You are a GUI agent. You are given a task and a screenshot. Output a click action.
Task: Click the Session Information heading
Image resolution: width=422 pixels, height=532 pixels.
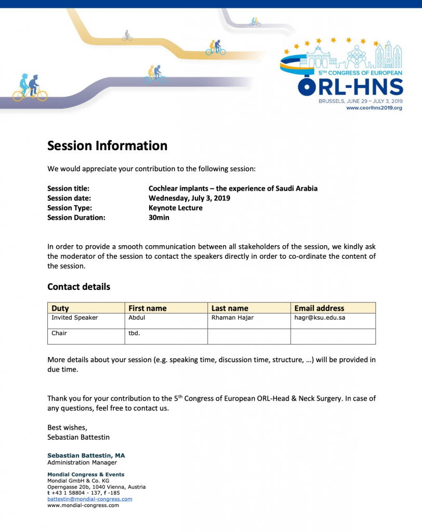point(107,146)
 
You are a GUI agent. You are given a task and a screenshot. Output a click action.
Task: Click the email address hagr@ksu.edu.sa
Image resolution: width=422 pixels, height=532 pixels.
point(320,318)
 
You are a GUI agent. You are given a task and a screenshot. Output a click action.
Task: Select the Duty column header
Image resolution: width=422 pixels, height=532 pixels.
point(60,308)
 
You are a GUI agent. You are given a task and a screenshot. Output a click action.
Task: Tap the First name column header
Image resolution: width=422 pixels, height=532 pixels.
point(148,308)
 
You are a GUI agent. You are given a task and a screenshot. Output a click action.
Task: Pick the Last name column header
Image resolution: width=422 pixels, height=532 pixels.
point(230,308)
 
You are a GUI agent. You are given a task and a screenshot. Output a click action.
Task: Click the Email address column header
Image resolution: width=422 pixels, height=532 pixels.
point(319,308)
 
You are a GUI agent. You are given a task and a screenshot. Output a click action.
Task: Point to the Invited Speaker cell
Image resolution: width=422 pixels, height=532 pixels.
point(75,318)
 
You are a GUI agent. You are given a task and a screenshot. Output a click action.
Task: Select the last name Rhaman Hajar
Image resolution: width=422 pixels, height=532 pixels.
point(232,318)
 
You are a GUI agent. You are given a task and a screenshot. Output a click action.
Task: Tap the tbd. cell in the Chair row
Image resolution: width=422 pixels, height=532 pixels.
point(134,334)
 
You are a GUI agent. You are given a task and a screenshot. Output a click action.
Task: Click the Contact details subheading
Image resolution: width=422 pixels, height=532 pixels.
point(78,287)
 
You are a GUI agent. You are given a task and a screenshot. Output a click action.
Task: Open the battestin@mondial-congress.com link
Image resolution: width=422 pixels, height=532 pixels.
point(89,499)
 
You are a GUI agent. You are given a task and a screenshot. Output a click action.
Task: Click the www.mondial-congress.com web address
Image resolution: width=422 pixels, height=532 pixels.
point(83,505)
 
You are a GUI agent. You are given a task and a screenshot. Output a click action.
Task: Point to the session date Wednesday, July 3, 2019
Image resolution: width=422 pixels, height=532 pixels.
point(189,198)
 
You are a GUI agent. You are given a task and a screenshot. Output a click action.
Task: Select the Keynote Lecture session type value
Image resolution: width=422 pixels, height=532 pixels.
point(176,208)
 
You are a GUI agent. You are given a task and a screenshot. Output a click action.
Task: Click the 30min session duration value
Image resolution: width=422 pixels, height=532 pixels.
point(159,218)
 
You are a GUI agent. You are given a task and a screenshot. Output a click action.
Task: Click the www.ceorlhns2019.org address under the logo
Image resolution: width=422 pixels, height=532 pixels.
point(374,108)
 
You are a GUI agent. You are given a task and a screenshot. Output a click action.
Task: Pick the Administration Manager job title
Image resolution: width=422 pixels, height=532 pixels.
point(82,462)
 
